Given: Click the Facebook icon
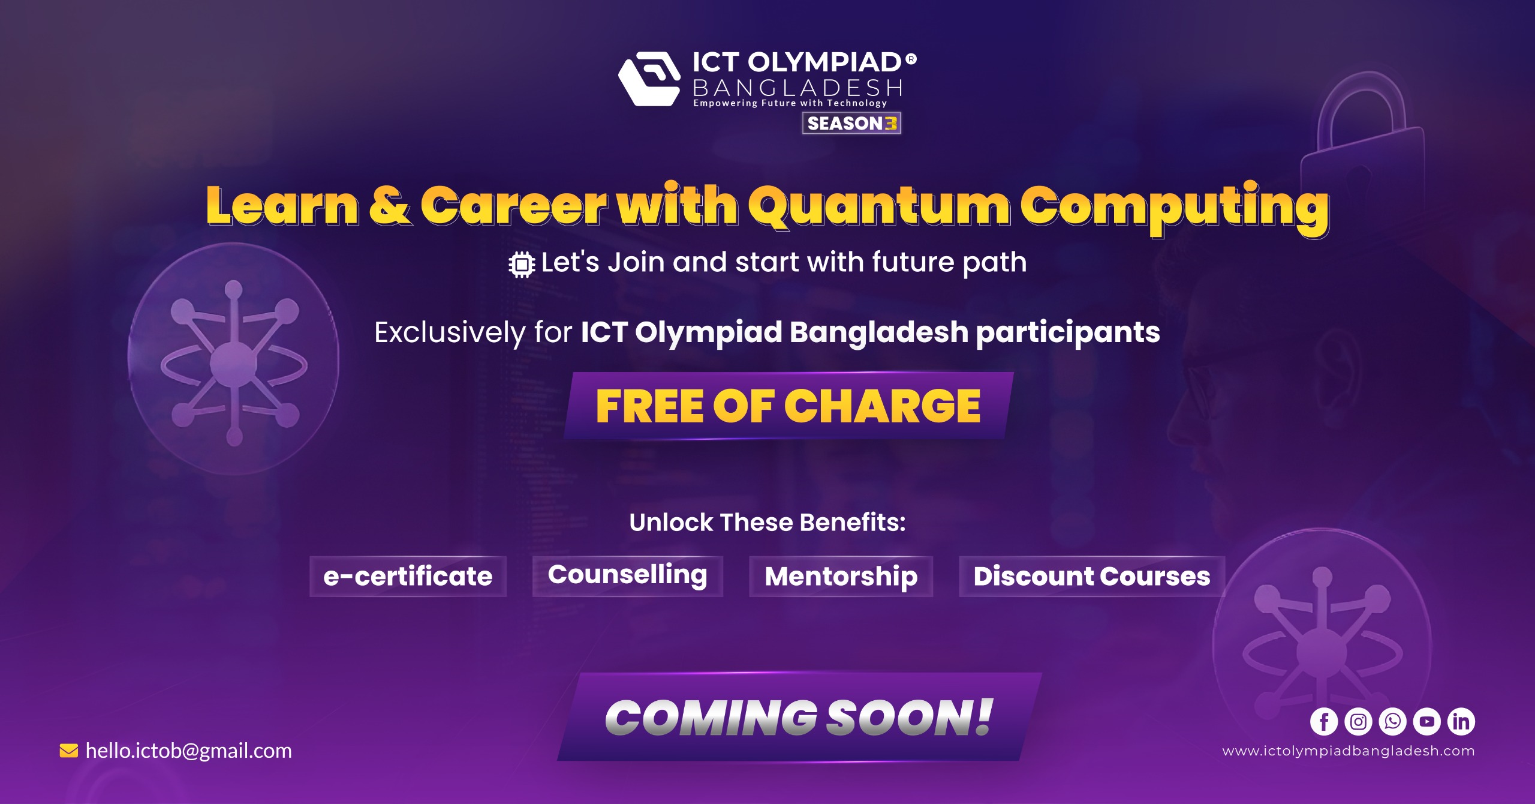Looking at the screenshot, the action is (x=1324, y=721).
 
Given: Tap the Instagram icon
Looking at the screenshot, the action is (x=1358, y=721).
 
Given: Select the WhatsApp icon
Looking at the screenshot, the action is (x=1392, y=721).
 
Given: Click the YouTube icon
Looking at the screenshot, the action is (x=1427, y=721).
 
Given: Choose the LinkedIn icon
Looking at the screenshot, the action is (x=1461, y=721).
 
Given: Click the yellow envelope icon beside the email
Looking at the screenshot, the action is (x=69, y=751).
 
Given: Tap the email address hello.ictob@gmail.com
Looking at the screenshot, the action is (x=189, y=751).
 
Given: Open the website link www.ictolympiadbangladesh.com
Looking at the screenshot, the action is (x=1349, y=751).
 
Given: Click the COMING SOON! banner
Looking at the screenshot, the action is (x=799, y=717).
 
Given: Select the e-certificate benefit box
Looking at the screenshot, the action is (x=408, y=576).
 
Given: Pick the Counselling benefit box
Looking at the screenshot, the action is (x=628, y=576).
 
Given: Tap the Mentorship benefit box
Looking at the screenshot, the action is (x=841, y=576).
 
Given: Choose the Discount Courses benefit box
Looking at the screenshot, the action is (x=1092, y=576).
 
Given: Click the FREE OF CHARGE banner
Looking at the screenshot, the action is (x=788, y=406).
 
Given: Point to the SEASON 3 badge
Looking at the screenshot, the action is (x=851, y=123).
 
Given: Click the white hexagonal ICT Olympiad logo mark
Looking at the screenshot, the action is (x=649, y=79).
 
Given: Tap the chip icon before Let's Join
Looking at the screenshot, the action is (x=522, y=264).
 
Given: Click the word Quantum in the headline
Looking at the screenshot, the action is (x=880, y=206).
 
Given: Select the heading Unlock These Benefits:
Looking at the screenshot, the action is (x=767, y=523).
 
